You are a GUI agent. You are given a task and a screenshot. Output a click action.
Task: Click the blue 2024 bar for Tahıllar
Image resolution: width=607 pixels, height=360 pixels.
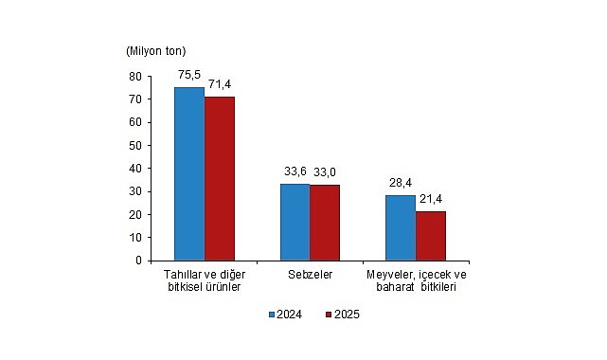tap(189, 173)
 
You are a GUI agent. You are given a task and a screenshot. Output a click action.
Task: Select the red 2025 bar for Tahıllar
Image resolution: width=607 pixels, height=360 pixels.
tap(220, 178)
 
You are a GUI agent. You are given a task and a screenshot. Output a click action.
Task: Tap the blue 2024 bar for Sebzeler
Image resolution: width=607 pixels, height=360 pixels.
tap(295, 222)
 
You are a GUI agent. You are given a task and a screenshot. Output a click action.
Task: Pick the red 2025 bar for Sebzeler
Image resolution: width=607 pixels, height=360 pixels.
tap(325, 223)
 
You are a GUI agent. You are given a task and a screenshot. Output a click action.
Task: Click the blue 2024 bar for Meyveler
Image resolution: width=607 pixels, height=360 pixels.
tap(401, 227)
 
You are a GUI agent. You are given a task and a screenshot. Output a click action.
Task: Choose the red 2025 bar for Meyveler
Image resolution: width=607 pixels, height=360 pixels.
tap(431, 236)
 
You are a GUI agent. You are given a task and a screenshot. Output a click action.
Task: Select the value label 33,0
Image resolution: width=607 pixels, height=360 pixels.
tap(327, 171)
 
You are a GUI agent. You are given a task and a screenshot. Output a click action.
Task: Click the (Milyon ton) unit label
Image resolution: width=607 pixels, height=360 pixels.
tap(154, 49)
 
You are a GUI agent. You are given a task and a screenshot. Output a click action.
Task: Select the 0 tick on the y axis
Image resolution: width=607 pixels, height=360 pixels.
tap(138, 261)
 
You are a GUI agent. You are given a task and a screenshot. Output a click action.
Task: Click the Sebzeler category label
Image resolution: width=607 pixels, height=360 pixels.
tap(310, 275)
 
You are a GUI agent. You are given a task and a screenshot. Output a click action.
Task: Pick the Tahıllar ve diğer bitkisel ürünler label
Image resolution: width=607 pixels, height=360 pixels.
tap(205, 280)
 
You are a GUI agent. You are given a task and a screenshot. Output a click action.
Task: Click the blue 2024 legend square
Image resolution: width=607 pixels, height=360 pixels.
tap(271, 315)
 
